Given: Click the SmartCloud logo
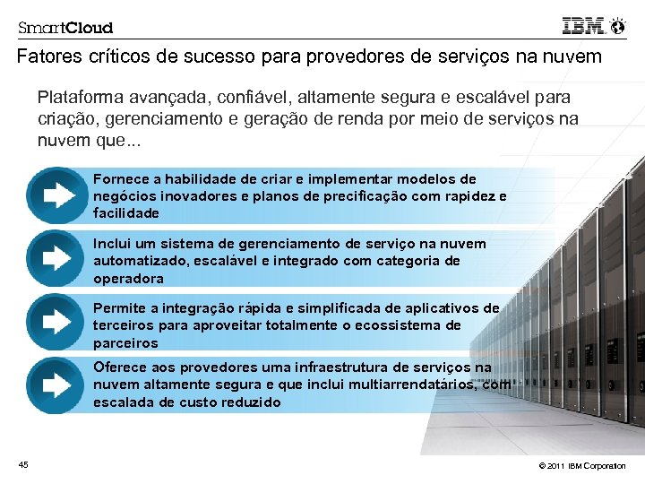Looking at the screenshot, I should (65, 27).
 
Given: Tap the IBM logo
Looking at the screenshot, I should (582, 26).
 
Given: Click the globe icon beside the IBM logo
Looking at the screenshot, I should (616, 27).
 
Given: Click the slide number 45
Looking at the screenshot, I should (23, 463).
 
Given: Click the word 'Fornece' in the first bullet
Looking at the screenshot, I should (117, 179).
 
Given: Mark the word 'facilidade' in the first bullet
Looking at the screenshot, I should (126, 213).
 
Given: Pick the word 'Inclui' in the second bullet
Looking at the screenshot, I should (110, 244).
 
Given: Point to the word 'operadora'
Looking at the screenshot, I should (128, 279).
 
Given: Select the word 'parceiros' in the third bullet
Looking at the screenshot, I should (125, 343).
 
